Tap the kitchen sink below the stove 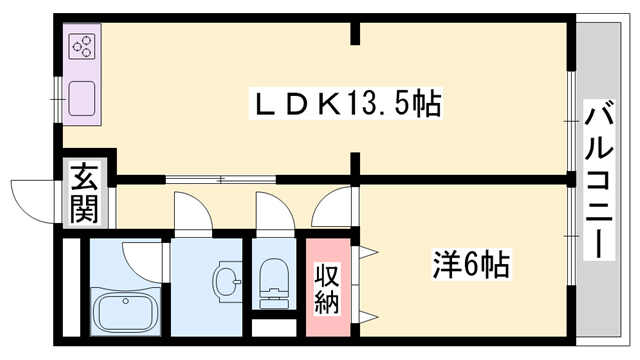(x=81, y=99)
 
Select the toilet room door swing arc (x=271, y=212)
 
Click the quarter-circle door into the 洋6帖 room (x=330, y=212)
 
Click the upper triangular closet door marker (x=369, y=250)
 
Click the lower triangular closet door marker (x=369, y=317)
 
